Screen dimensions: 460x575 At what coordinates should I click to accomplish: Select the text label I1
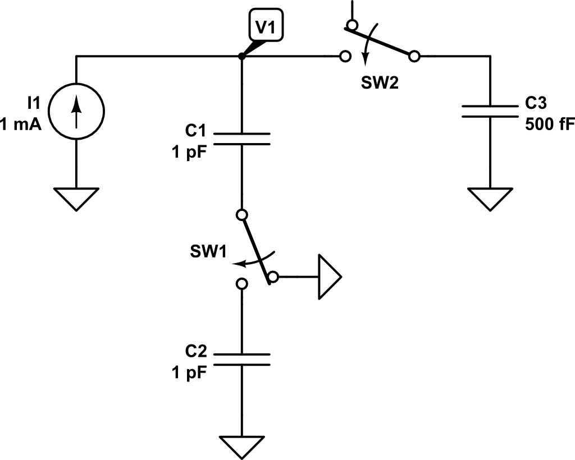tap(33, 102)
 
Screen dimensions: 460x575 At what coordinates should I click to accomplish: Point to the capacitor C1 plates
tap(242, 139)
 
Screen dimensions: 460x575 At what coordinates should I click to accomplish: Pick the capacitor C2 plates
tap(242, 360)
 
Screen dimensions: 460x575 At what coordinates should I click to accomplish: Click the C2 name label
tap(196, 352)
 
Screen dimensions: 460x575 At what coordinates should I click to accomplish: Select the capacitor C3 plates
tap(490, 111)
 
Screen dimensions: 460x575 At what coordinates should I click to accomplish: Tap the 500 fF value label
tap(549, 125)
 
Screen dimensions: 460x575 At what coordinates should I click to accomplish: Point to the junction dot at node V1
tap(241, 56)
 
